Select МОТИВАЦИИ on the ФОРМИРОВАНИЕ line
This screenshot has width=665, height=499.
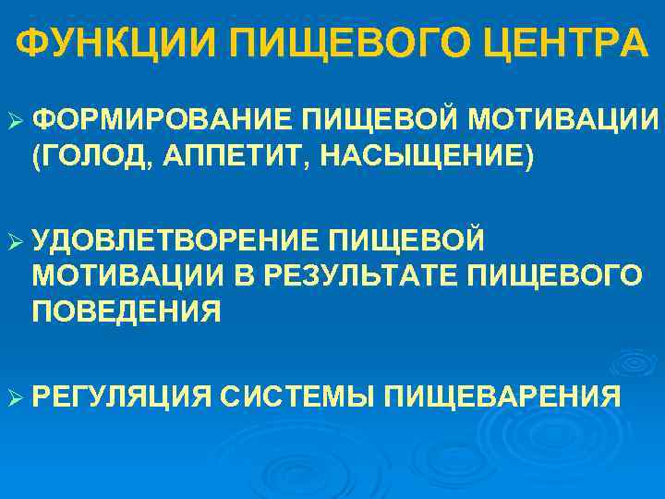(563, 121)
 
